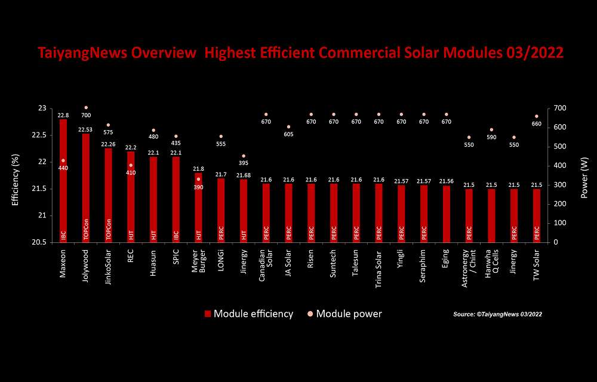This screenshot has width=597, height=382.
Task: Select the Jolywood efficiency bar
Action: point(86,191)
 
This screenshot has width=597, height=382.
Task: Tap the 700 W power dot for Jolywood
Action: point(86,108)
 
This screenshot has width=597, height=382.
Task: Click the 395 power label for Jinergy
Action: point(243,164)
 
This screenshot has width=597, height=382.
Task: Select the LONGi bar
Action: point(220,209)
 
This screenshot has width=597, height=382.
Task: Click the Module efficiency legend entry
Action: point(248,314)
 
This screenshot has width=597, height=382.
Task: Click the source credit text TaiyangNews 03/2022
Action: point(497,314)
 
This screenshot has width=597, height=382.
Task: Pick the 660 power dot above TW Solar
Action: point(536,116)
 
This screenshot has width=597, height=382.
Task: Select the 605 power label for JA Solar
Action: point(288,135)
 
